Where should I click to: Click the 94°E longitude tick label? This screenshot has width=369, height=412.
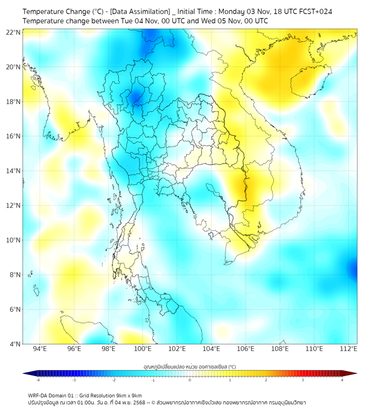coord(40,349)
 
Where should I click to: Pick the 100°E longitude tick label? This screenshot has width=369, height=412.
coord(143,349)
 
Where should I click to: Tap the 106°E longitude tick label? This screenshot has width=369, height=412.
coord(246,349)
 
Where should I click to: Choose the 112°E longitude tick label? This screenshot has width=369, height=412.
coord(348,349)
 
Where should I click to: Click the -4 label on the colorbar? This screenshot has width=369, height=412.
coord(38,380)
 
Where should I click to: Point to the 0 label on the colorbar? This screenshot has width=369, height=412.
coord(190,380)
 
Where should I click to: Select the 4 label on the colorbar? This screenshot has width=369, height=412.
coord(342,380)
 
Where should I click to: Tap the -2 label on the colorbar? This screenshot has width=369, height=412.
coord(114,380)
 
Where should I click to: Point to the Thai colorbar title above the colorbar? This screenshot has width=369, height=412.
coord(189,367)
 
